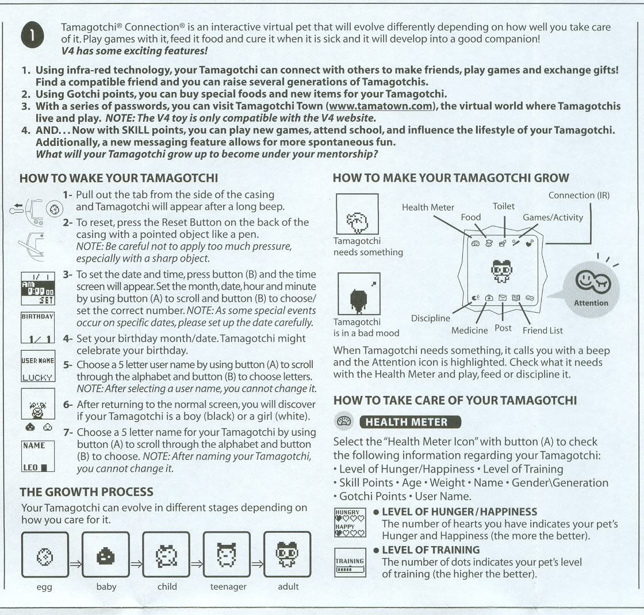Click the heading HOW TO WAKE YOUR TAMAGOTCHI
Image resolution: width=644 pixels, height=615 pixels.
[118, 178]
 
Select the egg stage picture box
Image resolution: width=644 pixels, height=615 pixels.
[45, 556]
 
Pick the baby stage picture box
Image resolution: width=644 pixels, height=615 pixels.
[105, 556]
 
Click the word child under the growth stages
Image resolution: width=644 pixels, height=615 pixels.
[167, 586]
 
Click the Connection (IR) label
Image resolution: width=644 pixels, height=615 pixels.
[578, 195]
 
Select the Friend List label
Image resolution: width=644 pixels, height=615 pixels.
[542, 330]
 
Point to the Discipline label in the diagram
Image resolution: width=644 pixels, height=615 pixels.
[431, 318]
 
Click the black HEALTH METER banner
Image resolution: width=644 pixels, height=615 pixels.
[410, 422]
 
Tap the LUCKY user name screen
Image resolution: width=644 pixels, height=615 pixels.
[37, 369]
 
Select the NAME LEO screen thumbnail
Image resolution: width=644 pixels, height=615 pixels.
[37, 456]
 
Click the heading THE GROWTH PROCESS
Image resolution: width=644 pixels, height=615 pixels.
[86, 492]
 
